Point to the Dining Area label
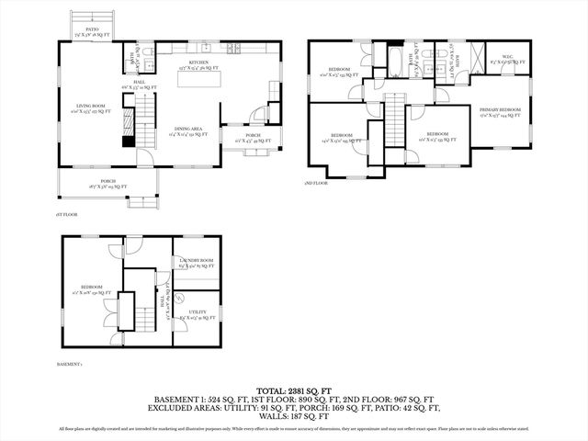point(188,133)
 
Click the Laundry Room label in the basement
point(196,263)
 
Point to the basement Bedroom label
point(91,288)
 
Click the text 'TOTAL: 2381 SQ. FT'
point(293,390)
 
